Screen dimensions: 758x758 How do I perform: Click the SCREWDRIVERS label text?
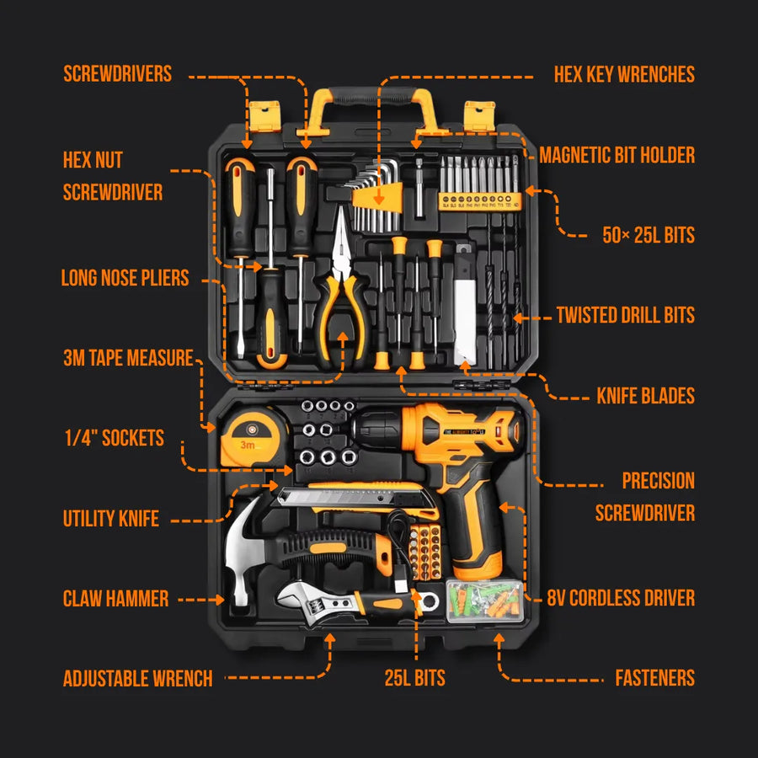pyautogui.click(x=117, y=74)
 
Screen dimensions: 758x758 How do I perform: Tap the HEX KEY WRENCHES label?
pyautogui.click(x=624, y=74)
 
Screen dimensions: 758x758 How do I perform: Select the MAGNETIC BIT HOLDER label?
pyautogui.click(x=617, y=155)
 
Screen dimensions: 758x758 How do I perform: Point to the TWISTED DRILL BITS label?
pyautogui.click(x=625, y=316)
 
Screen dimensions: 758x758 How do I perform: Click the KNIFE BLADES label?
pyautogui.click(x=645, y=395)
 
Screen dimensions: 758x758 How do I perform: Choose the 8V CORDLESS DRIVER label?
pyautogui.click(x=621, y=599)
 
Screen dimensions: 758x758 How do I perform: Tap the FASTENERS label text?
pyautogui.click(x=654, y=678)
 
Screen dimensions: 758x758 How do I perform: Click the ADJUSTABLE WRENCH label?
pyautogui.click(x=137, y=679)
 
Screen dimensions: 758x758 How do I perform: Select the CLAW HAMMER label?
pyautogui.click(x=115, y=600)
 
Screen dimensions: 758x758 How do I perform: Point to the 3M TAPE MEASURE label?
pyautogui.click(x=127, y=358)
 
